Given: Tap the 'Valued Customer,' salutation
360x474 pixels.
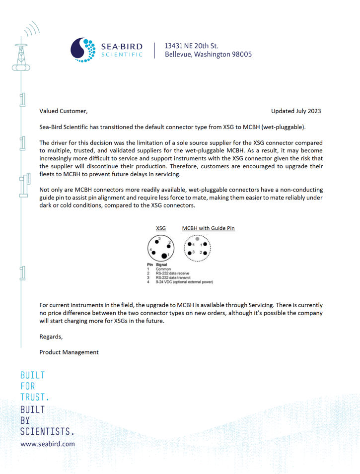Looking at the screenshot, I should (x=63, y=111).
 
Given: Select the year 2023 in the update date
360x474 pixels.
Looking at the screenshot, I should (x=313, y=111).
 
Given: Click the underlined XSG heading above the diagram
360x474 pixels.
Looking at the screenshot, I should (x=161, y=228).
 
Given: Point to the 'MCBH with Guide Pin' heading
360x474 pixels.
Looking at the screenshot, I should (x=208, y=228).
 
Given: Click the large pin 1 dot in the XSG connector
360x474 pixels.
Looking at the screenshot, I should (x=164, y=255).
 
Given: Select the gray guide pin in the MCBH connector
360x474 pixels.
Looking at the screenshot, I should (x=197, y=239).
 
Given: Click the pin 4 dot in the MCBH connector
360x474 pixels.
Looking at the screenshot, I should (x=189, y=244).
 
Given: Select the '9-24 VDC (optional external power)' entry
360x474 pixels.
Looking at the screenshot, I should (x=184, y=282).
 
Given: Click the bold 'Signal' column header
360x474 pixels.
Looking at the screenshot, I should (x=161, y=265).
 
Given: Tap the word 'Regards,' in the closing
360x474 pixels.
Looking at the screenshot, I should (x=51, y=337).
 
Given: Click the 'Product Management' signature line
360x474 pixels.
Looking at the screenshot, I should (x=69, y=352).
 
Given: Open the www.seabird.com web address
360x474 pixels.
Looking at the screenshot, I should (x=48, y=443).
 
